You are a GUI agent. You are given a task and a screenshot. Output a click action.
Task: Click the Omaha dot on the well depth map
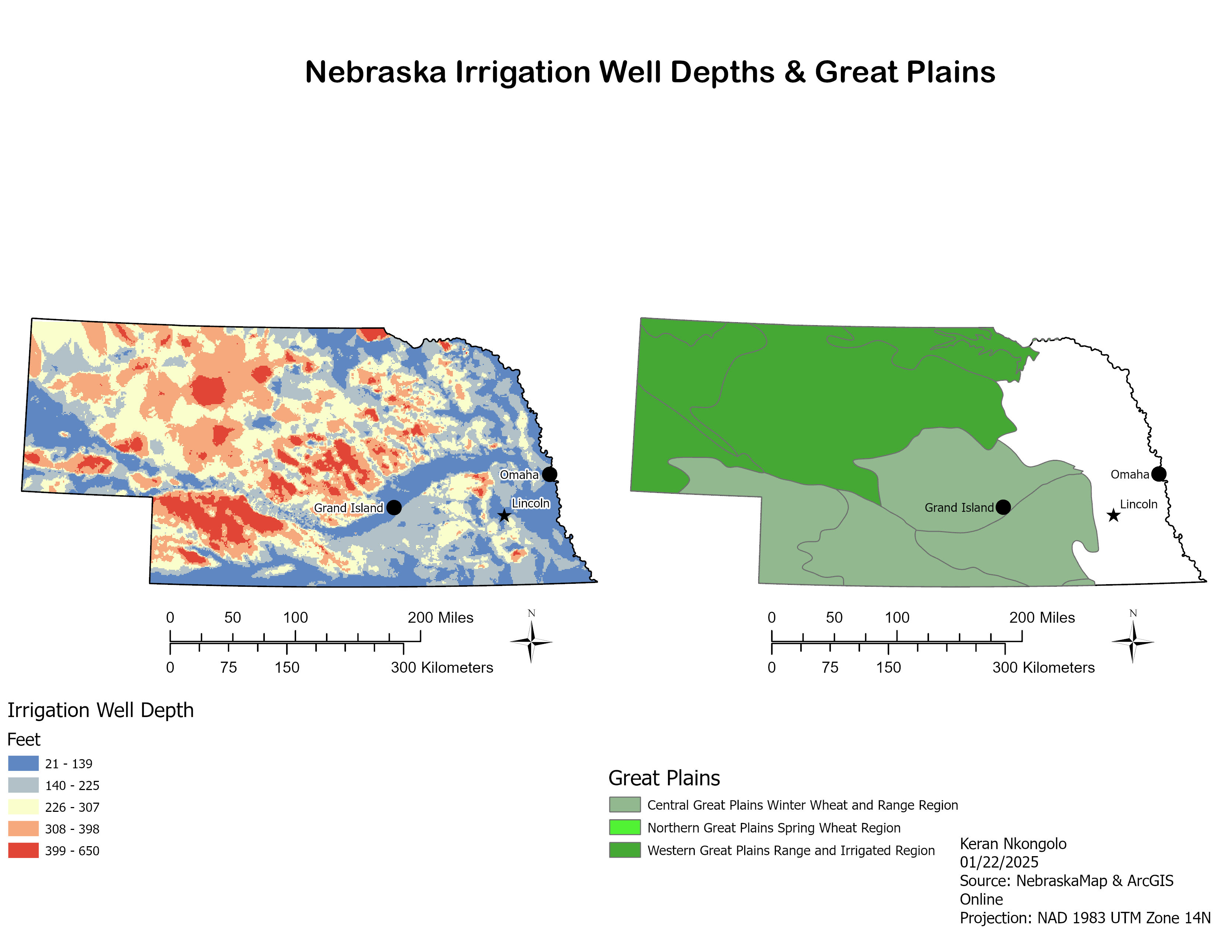click(549, 475)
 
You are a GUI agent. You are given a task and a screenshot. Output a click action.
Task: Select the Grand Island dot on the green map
click(1003, 507)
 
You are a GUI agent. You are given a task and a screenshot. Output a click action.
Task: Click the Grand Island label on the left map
click(348, 508)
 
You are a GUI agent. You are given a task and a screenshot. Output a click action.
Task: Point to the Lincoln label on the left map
click(530, 503)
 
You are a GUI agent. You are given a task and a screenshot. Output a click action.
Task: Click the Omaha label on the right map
click(1130, 475)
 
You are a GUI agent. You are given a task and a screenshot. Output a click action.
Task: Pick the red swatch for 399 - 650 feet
click(23, 850)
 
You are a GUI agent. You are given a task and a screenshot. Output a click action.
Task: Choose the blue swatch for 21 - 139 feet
click(23, 763)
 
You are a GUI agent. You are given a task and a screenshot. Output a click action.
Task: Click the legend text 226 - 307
click(72, 807)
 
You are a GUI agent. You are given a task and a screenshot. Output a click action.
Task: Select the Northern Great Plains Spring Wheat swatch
click(625, 827)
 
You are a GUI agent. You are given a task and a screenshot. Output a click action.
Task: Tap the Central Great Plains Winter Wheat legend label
click(802, 805)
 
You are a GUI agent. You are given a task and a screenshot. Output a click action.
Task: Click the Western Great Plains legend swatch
click(625, 850)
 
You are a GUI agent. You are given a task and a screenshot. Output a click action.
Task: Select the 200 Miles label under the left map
click(440, 618)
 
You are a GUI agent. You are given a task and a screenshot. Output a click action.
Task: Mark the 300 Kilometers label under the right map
click(1043, 667)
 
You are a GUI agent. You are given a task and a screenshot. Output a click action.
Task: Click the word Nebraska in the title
click(375, 72)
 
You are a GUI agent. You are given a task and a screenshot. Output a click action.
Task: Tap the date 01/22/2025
click(999, 862)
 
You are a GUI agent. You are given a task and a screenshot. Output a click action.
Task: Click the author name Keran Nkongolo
click(1012, 844)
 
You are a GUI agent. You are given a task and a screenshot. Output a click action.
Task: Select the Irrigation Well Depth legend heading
click(100, 710)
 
